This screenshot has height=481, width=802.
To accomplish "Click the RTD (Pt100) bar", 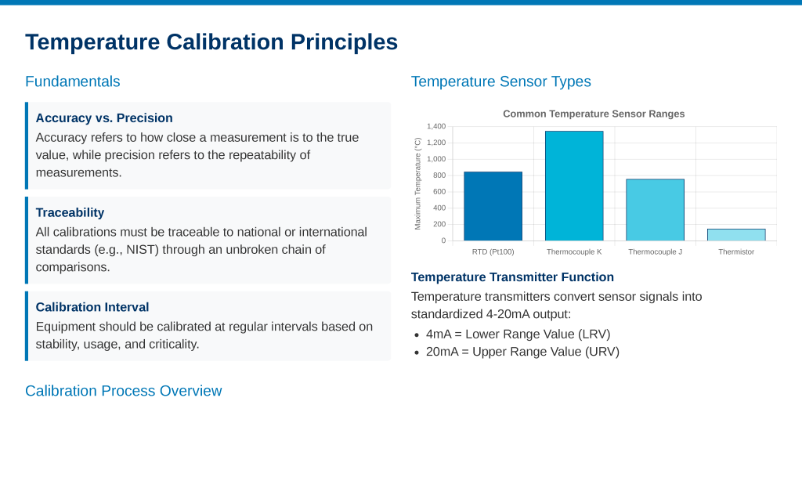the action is click(493, 206).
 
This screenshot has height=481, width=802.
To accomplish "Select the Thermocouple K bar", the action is click(574, 186).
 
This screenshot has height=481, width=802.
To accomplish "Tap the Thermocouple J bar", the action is click(656, 210).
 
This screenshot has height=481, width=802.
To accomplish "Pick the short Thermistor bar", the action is click(736, 235).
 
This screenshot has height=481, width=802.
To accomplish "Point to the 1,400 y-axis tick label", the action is click(436, 126).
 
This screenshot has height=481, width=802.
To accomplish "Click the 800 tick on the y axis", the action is click(439, 175).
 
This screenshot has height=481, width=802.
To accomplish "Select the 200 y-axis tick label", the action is click(439, 224).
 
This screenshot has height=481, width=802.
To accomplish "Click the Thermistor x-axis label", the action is click(736, 251).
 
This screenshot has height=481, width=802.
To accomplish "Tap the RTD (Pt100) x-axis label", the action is click(493, 251).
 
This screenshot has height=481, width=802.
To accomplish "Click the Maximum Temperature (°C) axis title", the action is click(418, 183).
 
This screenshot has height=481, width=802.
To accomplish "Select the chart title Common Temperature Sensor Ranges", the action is click(594, 114).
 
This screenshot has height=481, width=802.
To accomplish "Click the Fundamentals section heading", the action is click(73, 81).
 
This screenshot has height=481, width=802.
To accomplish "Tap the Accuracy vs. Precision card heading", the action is click(104, 118).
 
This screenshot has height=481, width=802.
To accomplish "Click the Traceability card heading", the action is click(70, 212).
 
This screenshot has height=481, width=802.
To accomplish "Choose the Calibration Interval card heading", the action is click(92, 307).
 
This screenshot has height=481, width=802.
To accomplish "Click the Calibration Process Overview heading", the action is click(123, 391).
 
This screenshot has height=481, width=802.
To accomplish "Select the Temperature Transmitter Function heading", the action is click(512, 277).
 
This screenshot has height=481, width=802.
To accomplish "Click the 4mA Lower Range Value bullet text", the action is click(518, 335).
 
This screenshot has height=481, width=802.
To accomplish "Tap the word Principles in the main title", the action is click(345, 42).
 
